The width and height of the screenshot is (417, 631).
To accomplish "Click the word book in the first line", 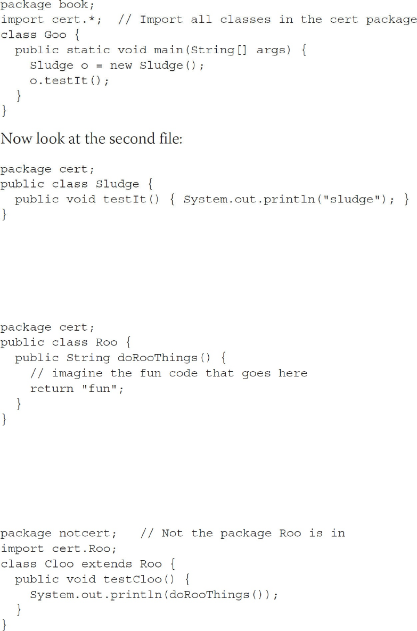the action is [73, 5].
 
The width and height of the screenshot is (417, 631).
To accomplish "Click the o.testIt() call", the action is [69, 80].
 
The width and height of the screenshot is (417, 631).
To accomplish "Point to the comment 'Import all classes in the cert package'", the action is [277, 20].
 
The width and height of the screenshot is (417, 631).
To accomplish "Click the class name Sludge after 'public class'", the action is [117, 184].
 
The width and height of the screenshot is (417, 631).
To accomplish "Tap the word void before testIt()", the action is [80, 199].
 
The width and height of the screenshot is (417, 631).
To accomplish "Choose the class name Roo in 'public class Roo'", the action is [106, 342].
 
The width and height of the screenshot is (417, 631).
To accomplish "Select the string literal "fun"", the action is [102, 388].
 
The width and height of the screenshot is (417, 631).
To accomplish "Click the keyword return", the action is [51, 388].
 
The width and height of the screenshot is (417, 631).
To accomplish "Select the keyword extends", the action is [110, 563].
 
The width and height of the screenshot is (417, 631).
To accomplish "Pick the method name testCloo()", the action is [131, 579].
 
